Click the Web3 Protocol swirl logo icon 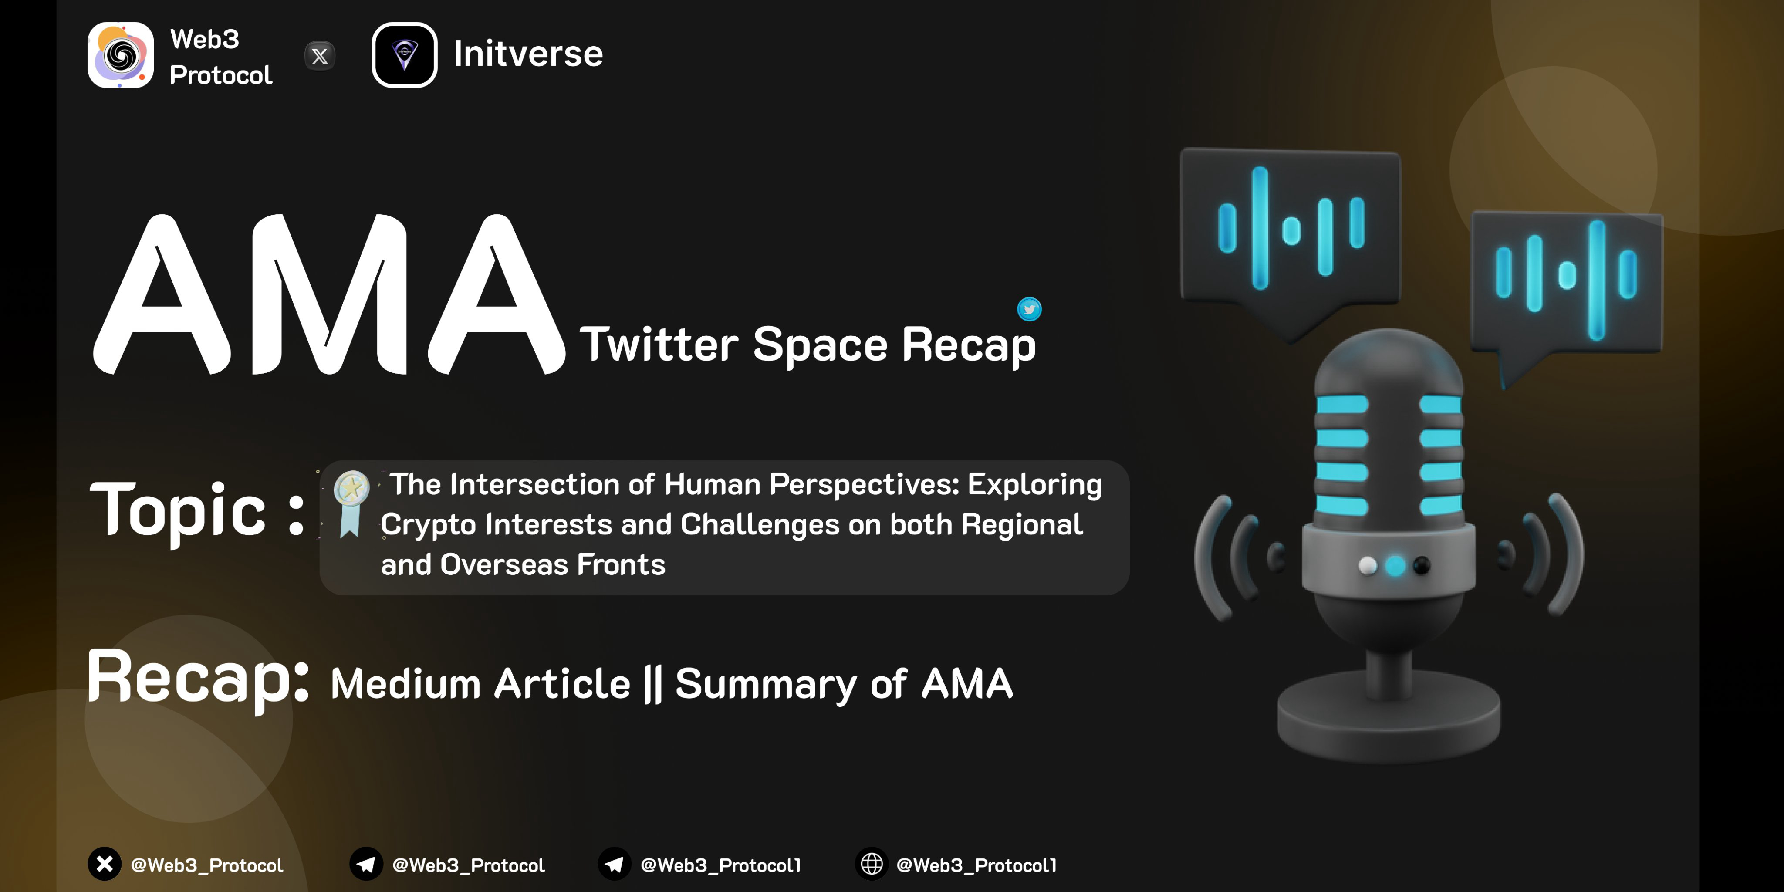(121, 55)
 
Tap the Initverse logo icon (405, 55)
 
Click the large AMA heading (329, 294)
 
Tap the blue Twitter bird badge (1029, 309)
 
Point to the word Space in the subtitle (820, 345)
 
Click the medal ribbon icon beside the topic (351, 503)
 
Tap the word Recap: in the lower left (198, 679)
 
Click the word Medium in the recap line (406, 684)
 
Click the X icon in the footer (105, 864)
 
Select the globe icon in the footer (872, 864)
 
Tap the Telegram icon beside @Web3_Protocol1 (614, 864)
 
